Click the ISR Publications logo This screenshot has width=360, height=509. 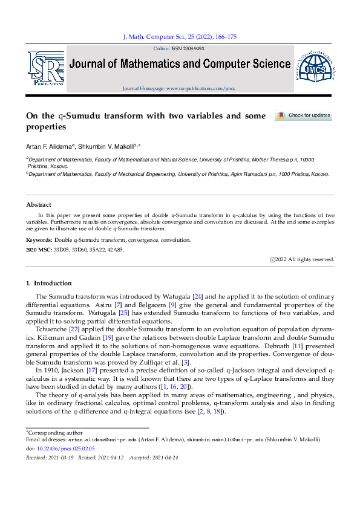tap(45, 68)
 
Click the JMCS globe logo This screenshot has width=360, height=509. tap(314, 70)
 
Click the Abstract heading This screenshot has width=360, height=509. tap(39, 204)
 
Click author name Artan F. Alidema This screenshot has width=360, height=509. tap(50, 147)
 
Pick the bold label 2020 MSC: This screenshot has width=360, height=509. tap(39, 248)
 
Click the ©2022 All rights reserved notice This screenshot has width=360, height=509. tap(301, 259)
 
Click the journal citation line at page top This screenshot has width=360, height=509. tap(180, 37)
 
